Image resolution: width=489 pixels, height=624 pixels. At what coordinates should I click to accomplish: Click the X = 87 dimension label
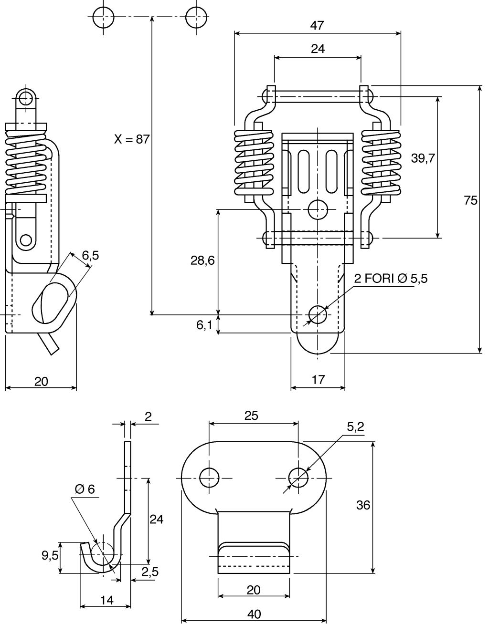click(132, 139)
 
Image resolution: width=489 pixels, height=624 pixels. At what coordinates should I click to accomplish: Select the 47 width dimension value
click(317, 26)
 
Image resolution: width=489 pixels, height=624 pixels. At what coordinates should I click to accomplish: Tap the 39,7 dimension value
click(423, 158)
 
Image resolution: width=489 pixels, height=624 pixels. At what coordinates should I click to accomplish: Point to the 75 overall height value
click(470, 200)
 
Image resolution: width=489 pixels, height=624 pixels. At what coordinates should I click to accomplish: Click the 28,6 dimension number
click(202, 260)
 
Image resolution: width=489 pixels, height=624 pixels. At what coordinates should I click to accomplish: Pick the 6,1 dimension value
click(204, 325)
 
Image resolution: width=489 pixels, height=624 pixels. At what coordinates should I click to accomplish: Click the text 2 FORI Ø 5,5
click(391, 279)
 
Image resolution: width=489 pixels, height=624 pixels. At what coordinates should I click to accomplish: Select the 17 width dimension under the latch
click(318, 380)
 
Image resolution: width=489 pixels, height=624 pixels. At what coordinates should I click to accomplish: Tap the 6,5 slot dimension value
click(90, 255)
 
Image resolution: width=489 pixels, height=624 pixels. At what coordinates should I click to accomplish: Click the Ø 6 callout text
click(85, 489)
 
